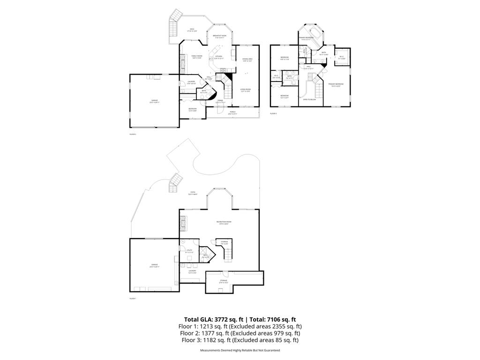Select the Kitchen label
(x=219, y=57)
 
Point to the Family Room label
(x=196, y=57)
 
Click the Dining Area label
(x=247, y=60)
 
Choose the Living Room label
(x=247, y=90)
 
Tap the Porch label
(x=232, y=113)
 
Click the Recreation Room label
(x=224, y=223)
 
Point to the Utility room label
(x=189, y=251)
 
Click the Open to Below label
(x=309, y=99)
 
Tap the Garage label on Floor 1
(x=154, y=266)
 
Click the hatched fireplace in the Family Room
(x=182, y=61)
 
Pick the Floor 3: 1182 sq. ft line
(x=240, y=340)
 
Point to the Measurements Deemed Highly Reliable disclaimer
(x=240, y=350)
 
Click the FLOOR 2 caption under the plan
(x=133, y=134)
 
